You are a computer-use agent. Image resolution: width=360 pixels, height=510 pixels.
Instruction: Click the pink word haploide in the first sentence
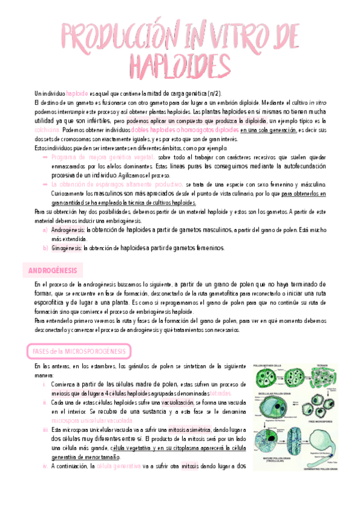[x=77, y=94]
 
